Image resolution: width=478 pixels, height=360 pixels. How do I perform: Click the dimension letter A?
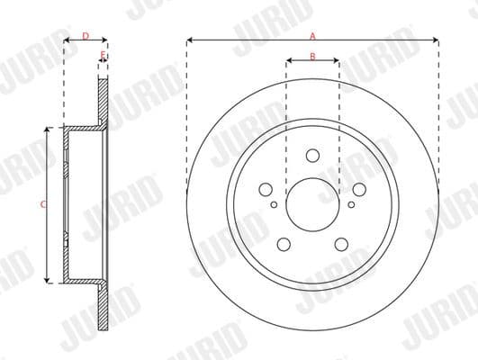[312, 36]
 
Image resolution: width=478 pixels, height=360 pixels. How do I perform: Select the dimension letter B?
[312, 57]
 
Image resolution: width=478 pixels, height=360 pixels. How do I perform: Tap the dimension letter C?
[43, 205]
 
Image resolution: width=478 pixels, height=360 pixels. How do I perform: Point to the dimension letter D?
[85, 36]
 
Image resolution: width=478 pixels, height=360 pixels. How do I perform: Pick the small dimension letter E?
[103, 57]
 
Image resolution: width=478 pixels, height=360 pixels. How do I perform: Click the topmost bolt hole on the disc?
[312, 155]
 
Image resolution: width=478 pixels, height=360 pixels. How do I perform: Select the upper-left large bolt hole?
[266, 189]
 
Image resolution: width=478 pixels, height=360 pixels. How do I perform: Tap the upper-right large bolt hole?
[358, 189]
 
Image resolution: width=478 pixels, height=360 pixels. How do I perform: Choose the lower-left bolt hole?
[284, 243]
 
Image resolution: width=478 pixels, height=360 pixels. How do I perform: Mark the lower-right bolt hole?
[341, 243]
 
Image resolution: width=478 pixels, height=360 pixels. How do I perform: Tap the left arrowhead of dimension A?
[191, 41]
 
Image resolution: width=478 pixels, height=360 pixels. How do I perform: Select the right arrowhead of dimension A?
[436, 41]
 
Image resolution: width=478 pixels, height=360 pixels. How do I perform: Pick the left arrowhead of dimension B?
[288, 63]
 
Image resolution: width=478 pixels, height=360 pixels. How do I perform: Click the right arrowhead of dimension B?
[337, 63]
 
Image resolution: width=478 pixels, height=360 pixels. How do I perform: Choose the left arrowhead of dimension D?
[67, 41]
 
